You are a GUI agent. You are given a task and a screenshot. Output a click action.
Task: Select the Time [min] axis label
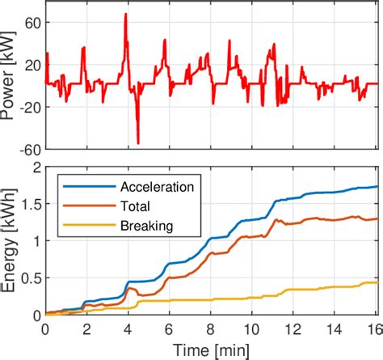pos(211,349)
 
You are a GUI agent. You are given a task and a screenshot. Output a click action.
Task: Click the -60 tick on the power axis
pos(28,149)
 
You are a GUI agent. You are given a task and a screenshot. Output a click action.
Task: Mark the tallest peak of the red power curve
pos(126,14)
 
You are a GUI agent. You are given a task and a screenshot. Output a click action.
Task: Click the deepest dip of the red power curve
pos(138,143)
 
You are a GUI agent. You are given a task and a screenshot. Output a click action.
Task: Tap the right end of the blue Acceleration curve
pos(377,187)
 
